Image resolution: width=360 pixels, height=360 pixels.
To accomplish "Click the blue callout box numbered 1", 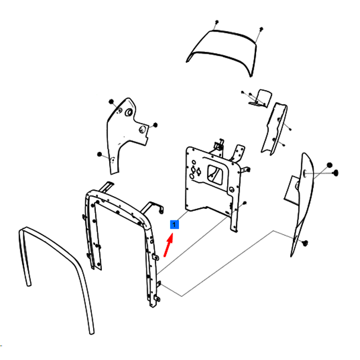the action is tap(174, 224).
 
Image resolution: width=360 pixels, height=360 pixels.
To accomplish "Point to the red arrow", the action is tap(168, 245).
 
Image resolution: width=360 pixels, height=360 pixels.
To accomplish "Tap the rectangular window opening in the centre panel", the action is tap(215, 174).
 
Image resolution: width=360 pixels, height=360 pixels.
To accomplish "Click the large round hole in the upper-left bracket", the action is tap(129, 112).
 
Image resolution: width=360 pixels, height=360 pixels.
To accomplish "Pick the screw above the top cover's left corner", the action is tap(217, 22).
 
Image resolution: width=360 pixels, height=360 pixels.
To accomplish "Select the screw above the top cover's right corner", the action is tap(261, 29).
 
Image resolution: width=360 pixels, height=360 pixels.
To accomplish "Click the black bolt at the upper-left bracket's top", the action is tap(111, 101).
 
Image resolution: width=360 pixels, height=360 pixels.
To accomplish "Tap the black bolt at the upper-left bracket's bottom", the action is tap(99, 155).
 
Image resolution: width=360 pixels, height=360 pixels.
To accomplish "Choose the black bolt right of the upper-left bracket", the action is tap(155, 125).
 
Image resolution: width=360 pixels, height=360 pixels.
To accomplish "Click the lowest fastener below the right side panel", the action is tap(305, 243).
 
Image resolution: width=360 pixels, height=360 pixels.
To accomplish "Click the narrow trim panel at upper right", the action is tap(275, 128).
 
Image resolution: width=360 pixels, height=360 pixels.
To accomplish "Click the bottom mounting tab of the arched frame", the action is tap(157, 299).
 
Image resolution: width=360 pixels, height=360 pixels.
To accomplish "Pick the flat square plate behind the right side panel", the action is tap(291, 190).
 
